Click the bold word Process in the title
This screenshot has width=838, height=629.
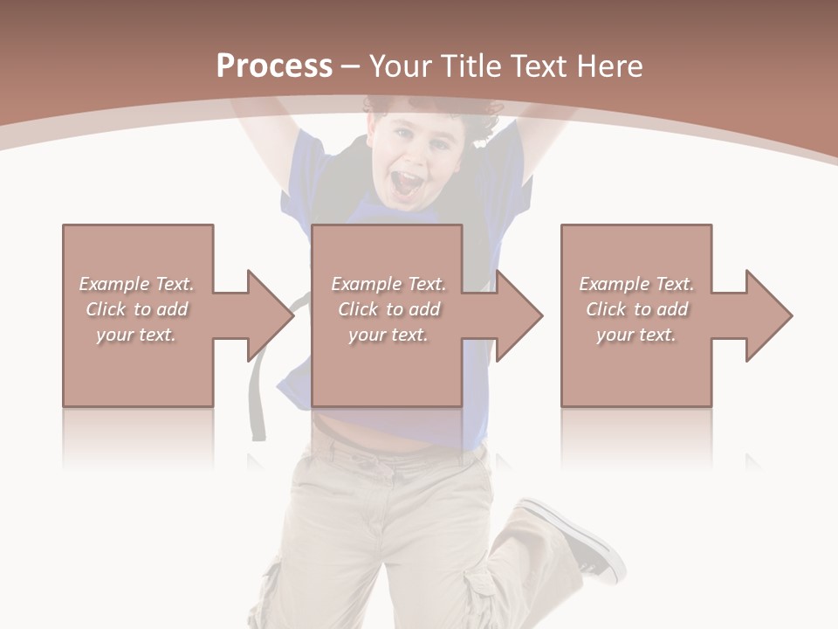click(x=274, y=66)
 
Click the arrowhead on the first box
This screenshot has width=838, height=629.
click(x=271, y=315)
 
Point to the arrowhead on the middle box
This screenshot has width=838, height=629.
click(x=519, y=315)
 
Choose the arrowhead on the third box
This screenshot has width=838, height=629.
click(x=769, y=315)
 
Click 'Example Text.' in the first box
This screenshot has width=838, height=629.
click(x=137, y=284)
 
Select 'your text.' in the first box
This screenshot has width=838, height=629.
click(x=137, y=335)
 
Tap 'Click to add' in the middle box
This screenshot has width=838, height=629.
click(x=388, y=309)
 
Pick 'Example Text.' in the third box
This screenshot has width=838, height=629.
click(x=636, y=284)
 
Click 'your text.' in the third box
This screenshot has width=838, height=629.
click(x=636, y=335)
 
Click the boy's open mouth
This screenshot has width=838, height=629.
click(x=407, y=184)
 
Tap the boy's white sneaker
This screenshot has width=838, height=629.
click(x=580, y=537)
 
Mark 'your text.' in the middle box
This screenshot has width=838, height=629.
click(x=388, y=335)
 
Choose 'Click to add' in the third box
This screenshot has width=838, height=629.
click(x=636, y=309)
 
